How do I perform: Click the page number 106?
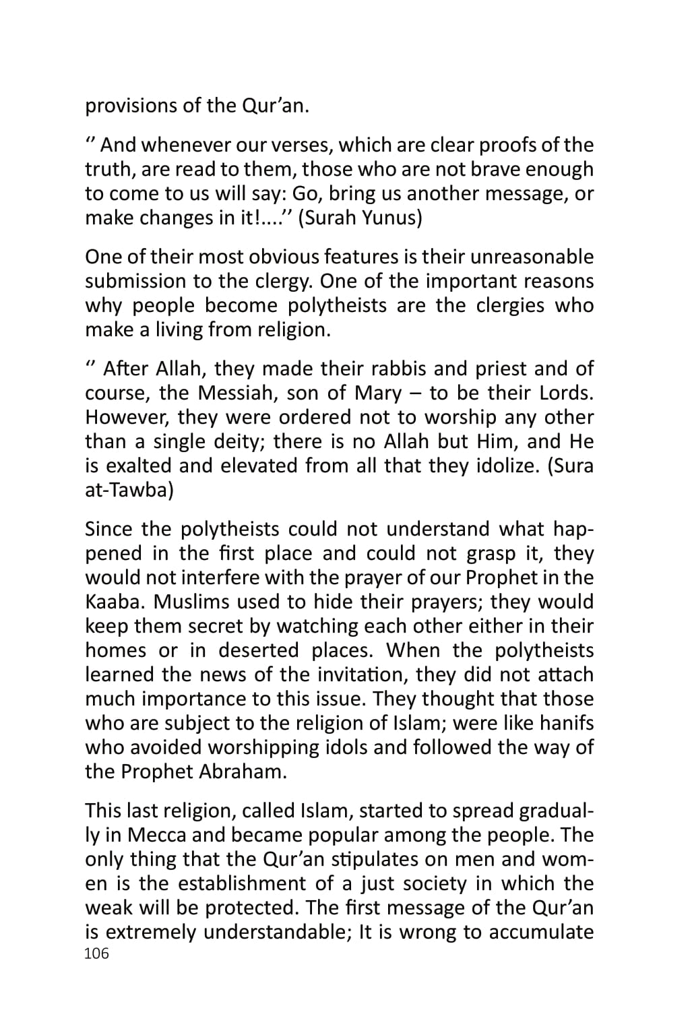(96, 953)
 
